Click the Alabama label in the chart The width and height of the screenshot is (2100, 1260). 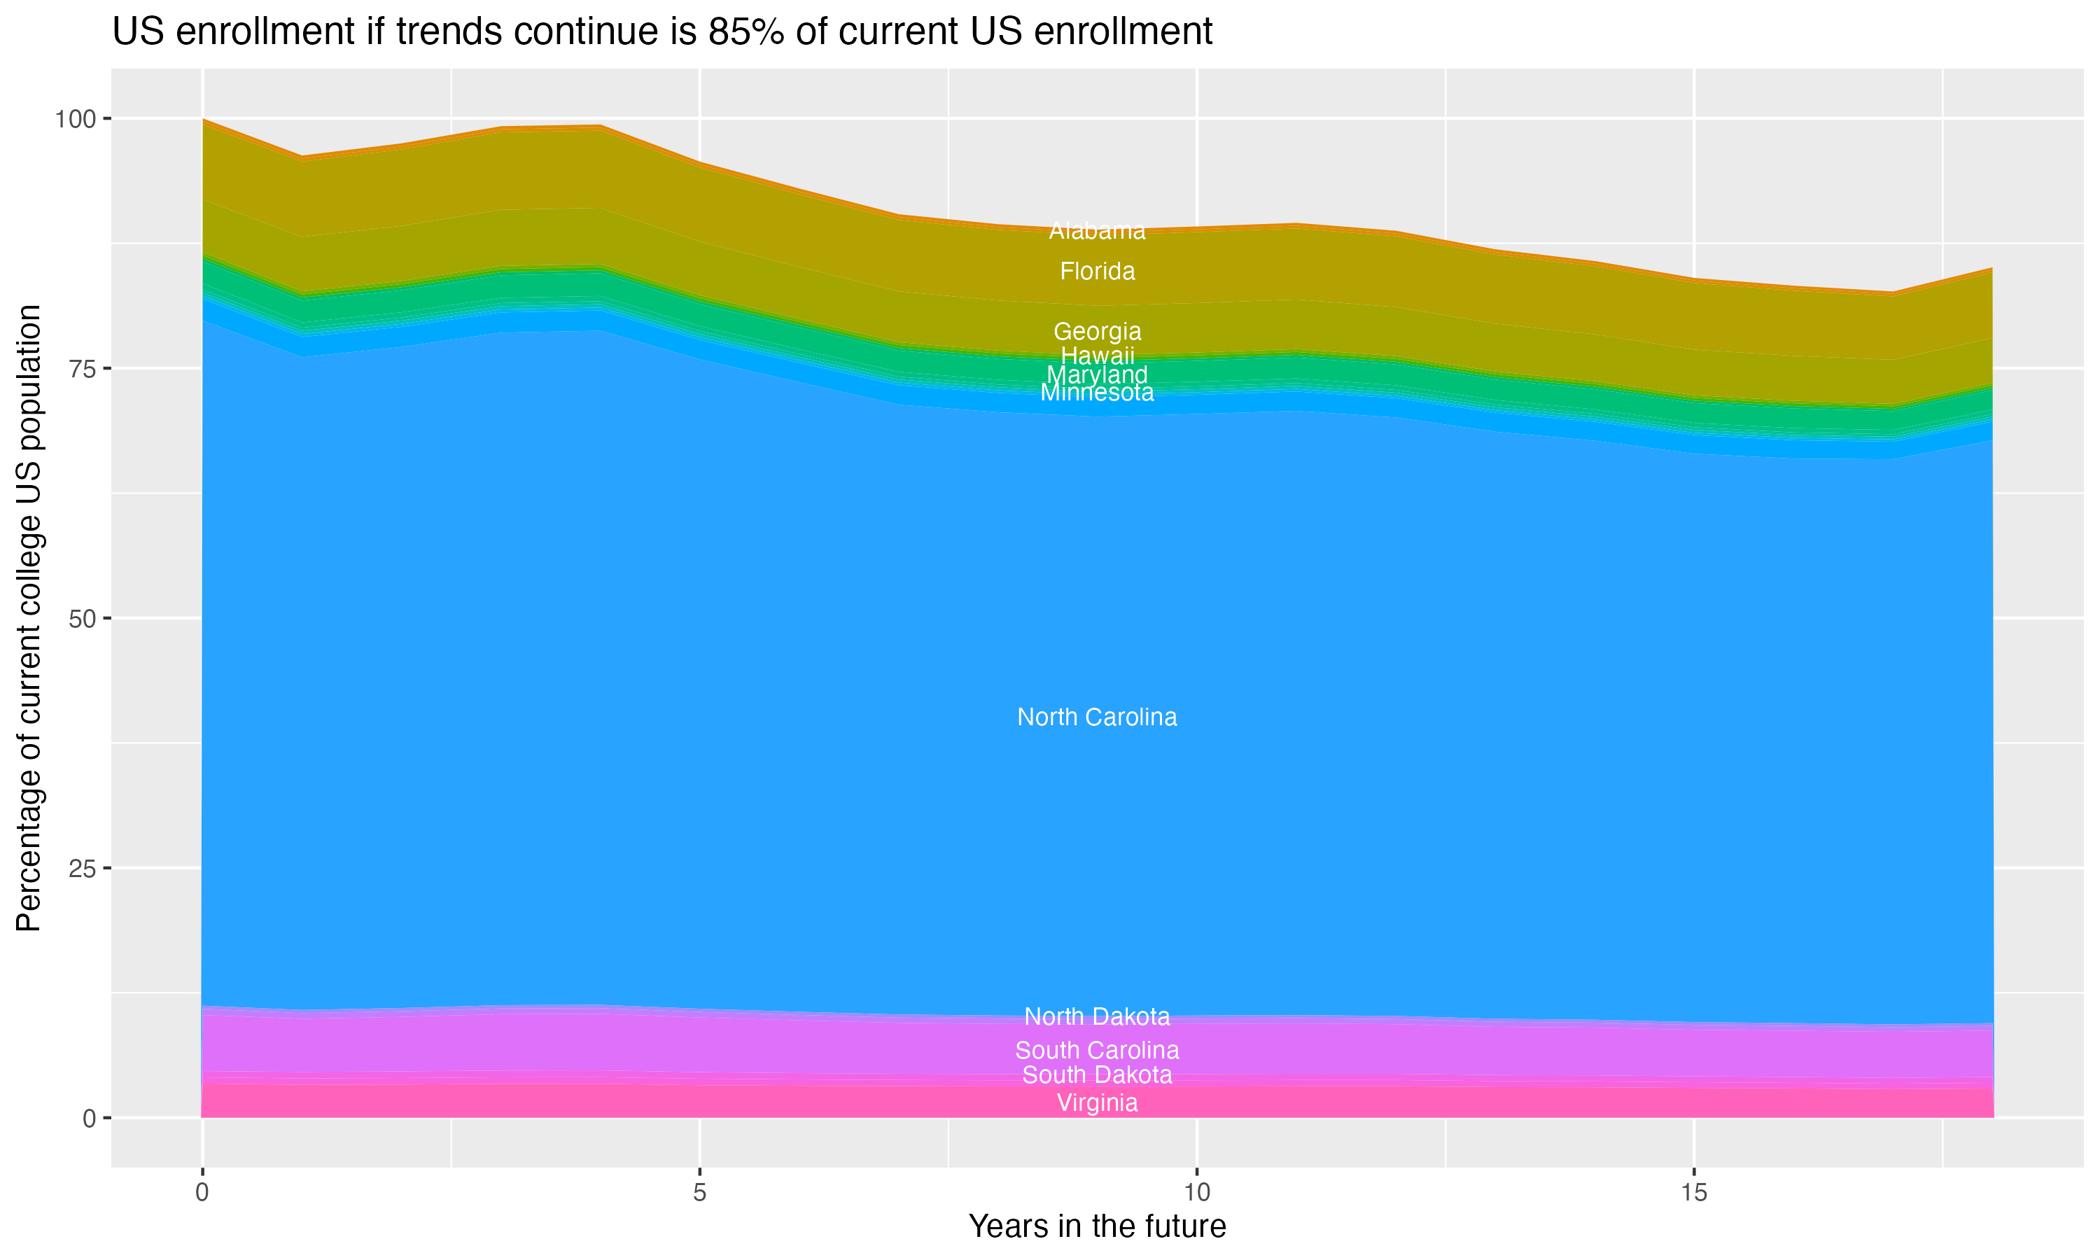click(1097, 231)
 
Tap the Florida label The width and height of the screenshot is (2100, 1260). click(1097, 272)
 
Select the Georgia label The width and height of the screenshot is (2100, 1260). click(1097, 331)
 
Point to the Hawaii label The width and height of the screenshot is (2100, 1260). click(1097, 356)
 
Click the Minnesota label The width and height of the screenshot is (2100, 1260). click(1097, 393)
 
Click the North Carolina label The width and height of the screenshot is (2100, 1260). click(1097, 717)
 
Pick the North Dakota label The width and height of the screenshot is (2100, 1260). click(1097, 1016)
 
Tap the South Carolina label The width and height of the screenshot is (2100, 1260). click(1097, 1050)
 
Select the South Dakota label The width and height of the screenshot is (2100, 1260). click(1097, 1075)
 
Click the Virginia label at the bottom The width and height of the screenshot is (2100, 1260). click(1097, 1103)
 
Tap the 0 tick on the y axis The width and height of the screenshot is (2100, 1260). click(89, 1118)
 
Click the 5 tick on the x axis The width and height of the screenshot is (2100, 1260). click(699, 1193)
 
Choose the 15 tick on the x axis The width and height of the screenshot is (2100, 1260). click(1693, 1193)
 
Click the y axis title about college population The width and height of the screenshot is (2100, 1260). click(29, 618)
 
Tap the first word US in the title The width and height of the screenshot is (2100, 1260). click(136, 32)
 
